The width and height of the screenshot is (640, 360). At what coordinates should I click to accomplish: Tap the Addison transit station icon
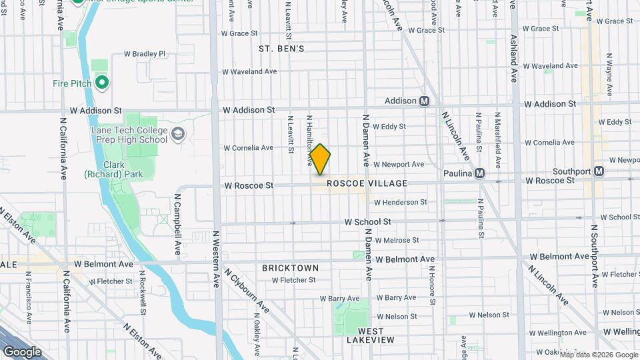coord(424,101)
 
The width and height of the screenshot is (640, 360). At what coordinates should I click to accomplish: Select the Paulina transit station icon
coord(479,173)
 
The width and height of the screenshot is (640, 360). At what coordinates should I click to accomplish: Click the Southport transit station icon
coord(599,171)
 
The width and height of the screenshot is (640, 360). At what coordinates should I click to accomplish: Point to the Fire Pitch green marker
coord(102,83)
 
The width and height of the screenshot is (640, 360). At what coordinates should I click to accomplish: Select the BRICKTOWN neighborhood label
coord(290,268)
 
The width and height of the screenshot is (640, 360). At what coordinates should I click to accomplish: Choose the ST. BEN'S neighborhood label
coord(281,49)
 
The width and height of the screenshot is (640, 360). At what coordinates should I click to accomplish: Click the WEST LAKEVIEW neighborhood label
coord(371,335)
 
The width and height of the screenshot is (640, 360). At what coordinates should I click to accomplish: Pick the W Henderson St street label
coord(400,202)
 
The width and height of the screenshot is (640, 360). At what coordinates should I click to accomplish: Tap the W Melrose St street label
coord(397,240)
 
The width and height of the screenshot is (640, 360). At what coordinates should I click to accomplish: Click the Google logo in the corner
coord(21,352)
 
